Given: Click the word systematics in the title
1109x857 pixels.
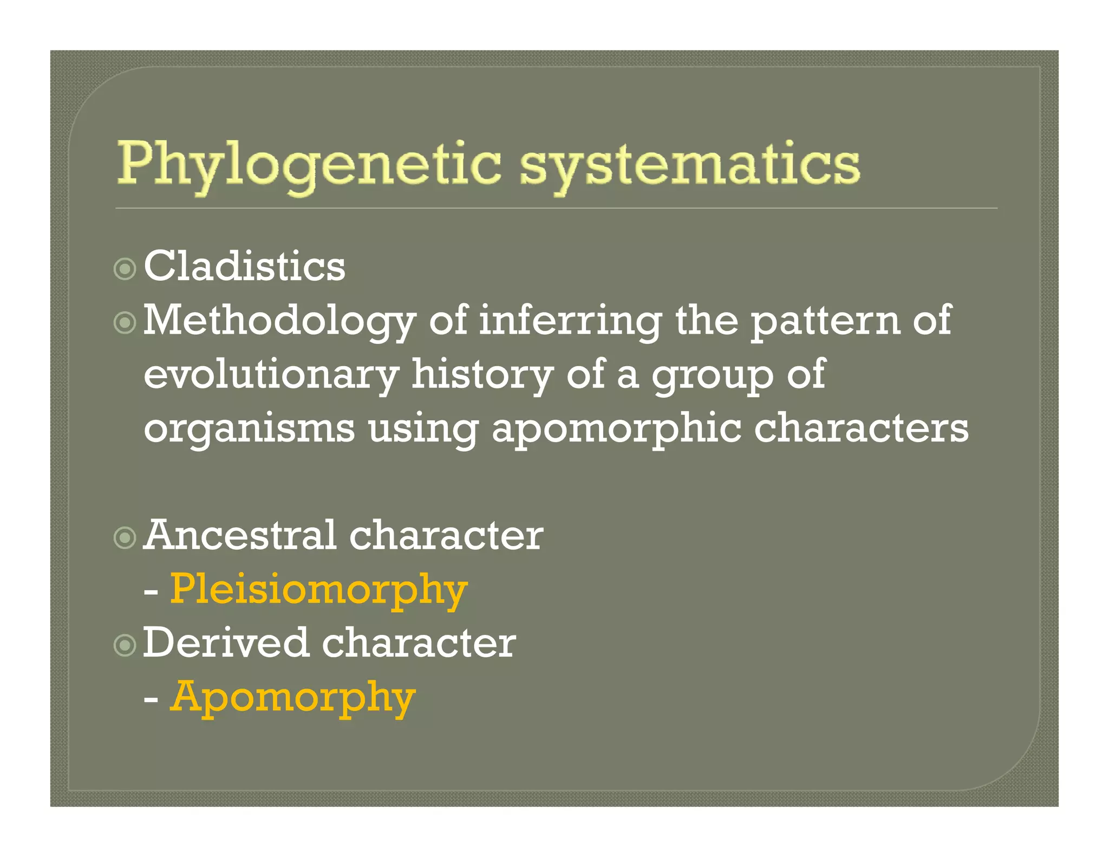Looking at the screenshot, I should [689, 164].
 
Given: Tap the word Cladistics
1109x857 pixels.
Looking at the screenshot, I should [244, 266].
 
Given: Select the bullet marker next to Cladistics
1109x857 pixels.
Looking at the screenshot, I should [125, 268].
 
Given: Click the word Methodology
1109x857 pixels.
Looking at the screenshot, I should [279, 321].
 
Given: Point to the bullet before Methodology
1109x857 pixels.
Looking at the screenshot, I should [125, 323].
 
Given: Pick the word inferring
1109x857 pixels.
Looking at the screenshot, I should [570, 321].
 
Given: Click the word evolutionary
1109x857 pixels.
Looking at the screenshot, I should [271, 375].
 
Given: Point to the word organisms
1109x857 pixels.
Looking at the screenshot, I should [249, 428].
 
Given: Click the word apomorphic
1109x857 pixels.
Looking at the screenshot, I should [616, 428].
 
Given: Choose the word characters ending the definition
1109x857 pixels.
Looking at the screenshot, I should [861, 427].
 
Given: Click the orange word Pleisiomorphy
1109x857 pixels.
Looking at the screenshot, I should [318, 589].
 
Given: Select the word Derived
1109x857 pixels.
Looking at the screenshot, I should [225, 643].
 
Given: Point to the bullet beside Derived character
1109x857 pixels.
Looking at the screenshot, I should [125, 645].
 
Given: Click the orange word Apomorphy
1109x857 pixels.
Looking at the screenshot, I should [293, 698].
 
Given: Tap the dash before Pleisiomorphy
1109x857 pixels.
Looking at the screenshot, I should [151, 592].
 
